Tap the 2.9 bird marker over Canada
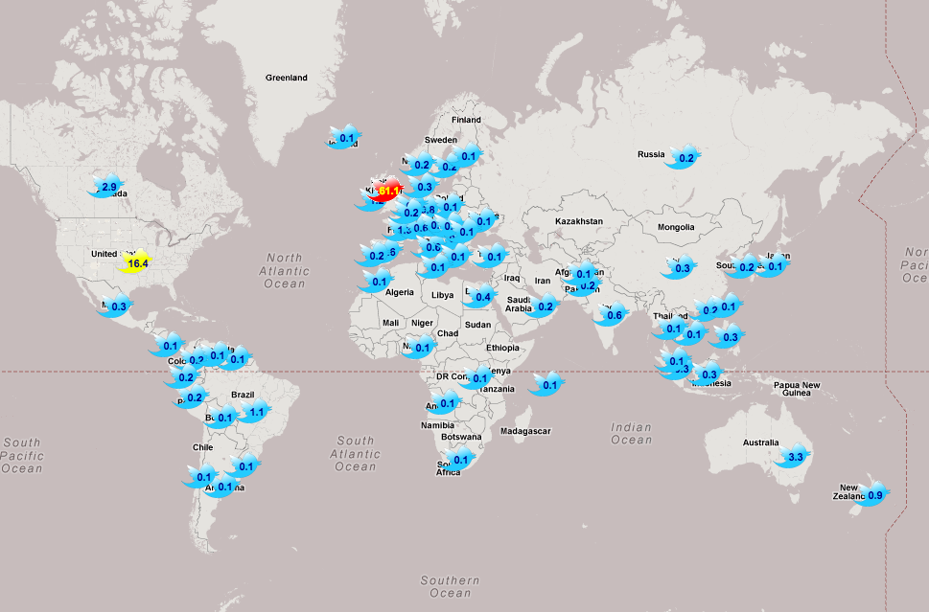(x=107, y=187)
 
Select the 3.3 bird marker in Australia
(x=795, y=458)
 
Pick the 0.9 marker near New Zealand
(x=874, y=494)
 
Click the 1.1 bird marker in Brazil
(x=255, y=413)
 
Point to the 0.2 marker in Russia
(x=685, y=158)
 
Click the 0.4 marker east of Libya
(x=482, y=297)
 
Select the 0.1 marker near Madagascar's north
(x=548, y=386)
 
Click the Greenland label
(x=287, y=78)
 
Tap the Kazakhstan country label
(x=579, y=221)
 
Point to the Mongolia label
(x=676, y=227)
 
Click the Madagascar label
(x=526, y=431)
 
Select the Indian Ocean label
(x=631, y=434)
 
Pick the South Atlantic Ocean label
(x=356, y=454)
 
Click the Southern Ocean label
(x=450, y=587)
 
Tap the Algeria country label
(x=400, y=292)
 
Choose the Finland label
(x=466, y=120)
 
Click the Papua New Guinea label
(x=798, y=389)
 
